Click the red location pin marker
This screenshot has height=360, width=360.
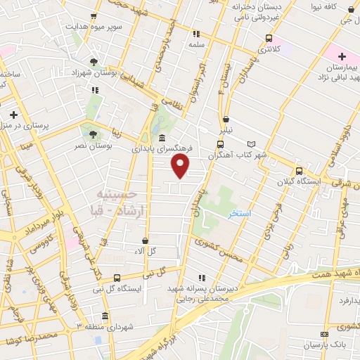coord(181,167)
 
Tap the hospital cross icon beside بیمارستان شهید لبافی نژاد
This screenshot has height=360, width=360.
coord(342,56)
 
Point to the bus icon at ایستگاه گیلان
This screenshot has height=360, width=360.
coord(299,170)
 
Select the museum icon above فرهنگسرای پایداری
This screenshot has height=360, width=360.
coord(162,138)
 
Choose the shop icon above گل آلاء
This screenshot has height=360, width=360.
coord(146,240)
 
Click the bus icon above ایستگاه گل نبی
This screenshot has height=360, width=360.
coord(117,278)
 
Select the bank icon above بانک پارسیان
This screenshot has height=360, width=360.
coord(324,334)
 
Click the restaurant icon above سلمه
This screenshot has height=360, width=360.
coord(197,33)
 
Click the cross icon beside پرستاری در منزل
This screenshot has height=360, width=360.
coord(13,114)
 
